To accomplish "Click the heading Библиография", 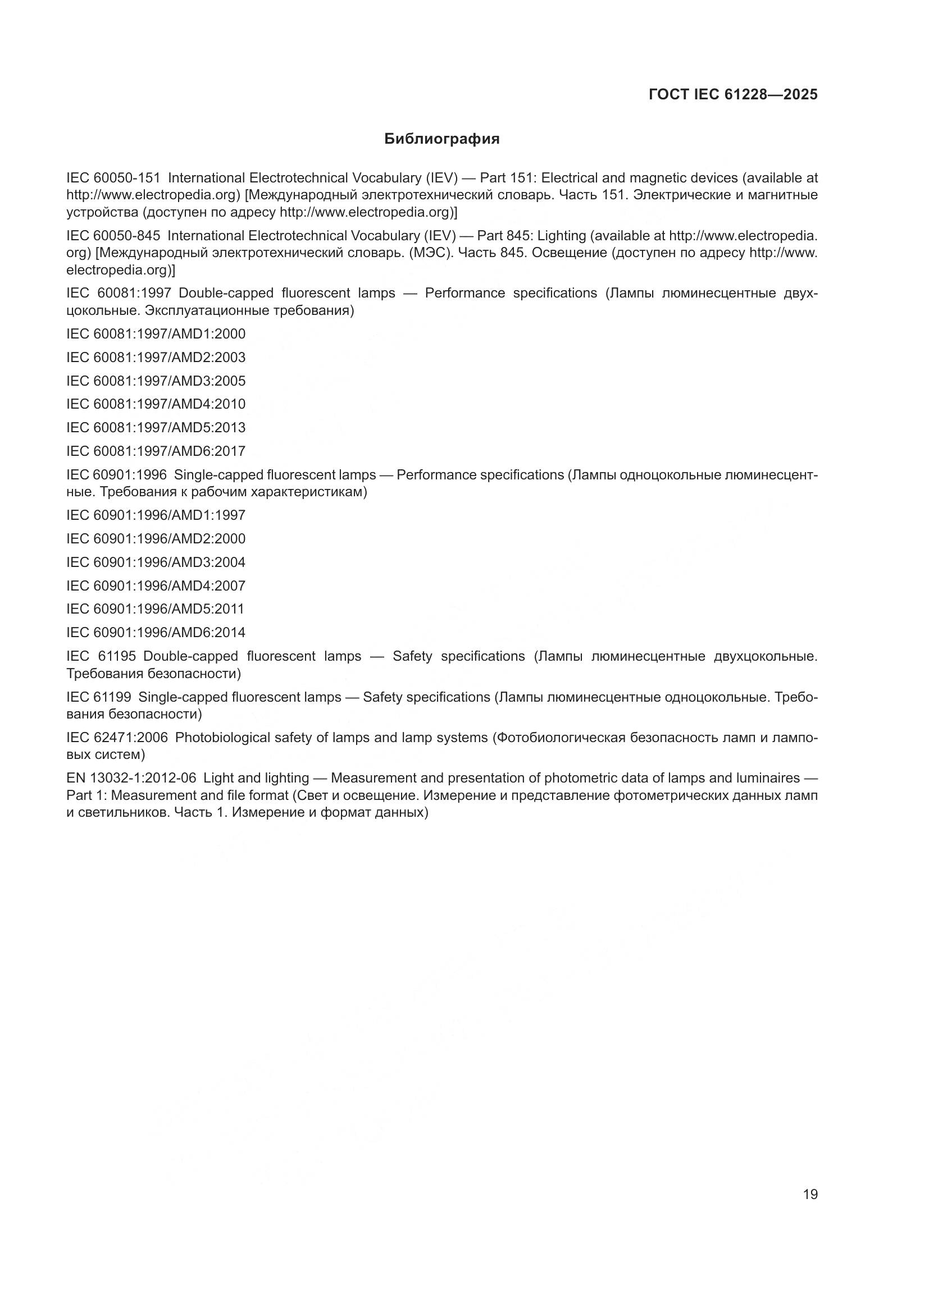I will click(441, 139).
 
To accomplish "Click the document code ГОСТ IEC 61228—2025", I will click(733, 94).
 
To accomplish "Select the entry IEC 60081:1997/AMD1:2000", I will click(156, 334).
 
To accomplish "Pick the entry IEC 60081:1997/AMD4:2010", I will click(156, 404).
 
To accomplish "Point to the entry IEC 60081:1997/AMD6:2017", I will click(156, 451).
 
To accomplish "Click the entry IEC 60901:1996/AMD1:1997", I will click(156, 515).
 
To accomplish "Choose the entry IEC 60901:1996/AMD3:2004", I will click(156, 562).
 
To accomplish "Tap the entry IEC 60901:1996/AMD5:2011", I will click(155, 609).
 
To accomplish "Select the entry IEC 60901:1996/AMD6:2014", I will click(156, 633).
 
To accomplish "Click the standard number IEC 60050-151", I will click(113, 178).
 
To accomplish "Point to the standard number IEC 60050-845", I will click(113, 236).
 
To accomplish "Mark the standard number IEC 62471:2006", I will click(117, 738).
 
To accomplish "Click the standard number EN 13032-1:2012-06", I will click(131, 778).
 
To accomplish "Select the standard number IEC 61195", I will click(101, 657).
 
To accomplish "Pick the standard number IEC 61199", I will click(99, 697).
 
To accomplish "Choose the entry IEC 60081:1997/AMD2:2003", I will click(156, 358).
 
